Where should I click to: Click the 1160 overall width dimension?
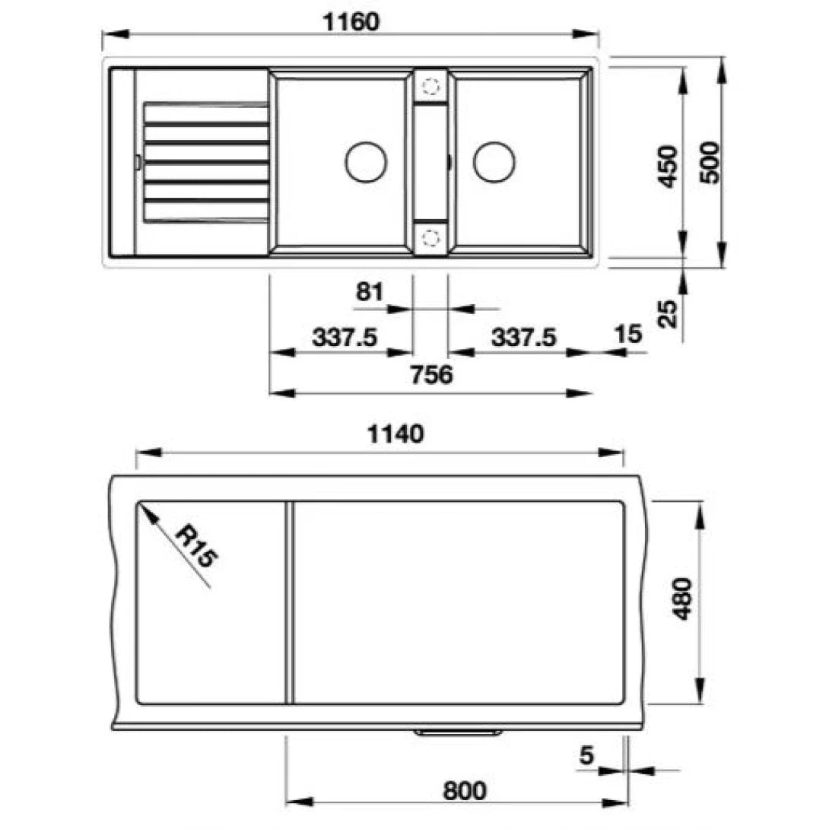point(351,22)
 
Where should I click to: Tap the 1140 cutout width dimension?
point(395,434)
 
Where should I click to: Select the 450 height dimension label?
point(669,166)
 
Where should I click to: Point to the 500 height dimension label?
point(710,162)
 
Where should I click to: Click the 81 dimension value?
point(370,291)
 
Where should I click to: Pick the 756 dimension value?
point(432,374)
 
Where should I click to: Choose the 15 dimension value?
point(628,334)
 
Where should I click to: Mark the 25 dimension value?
point(669,314)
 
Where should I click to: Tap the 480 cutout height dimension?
point(682,599)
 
